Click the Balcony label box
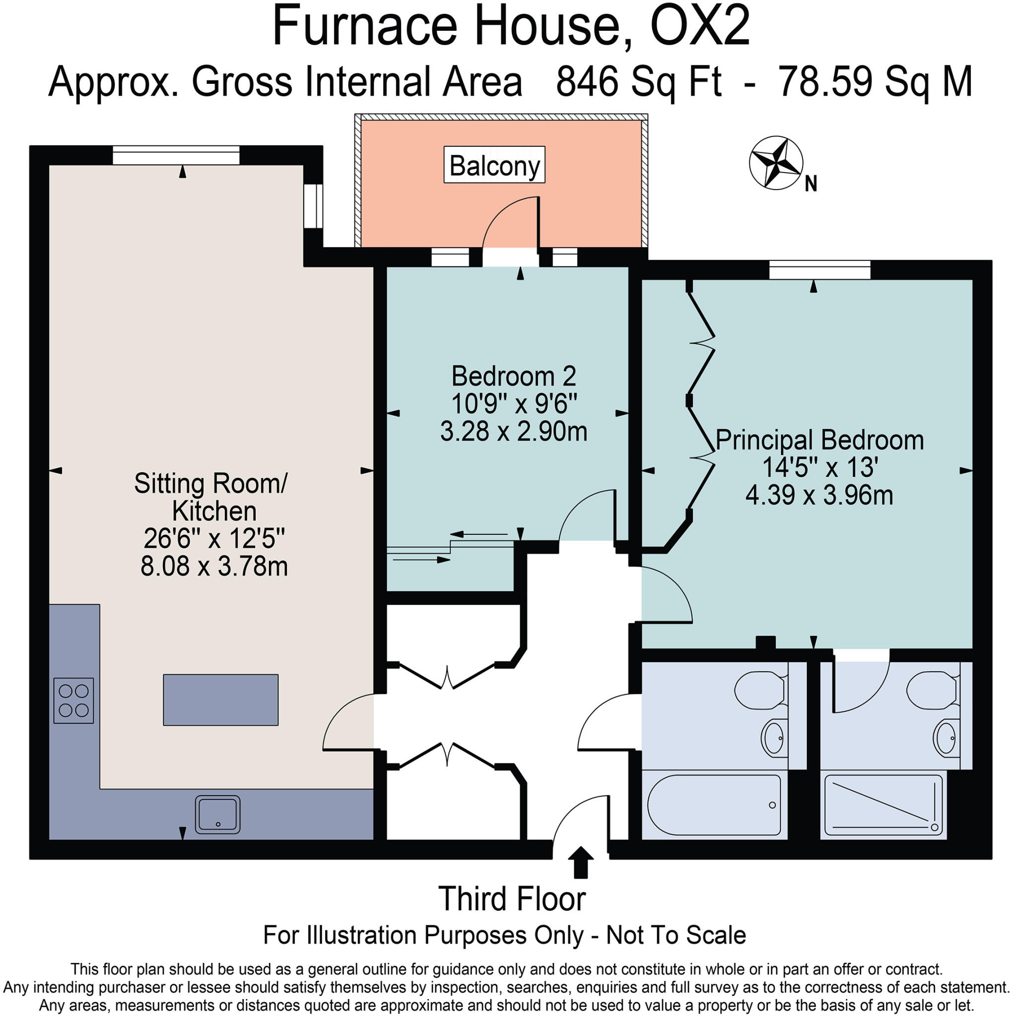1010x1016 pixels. click(x=494, y=165)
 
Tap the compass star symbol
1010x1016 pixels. click(x=775, y=163)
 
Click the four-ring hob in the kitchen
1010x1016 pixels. click(x=73, y=700)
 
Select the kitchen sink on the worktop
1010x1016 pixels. click(x=218, y=815)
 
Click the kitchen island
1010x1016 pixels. click(x=220, y=700)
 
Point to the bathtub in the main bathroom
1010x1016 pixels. click(x=714, y=805)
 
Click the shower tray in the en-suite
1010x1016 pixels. click(x=883, y=805)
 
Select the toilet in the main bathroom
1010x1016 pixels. click(x=758, y=692)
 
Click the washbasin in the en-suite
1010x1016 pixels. click(x=945, y=738)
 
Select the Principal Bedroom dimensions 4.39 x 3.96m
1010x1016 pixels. click(x=819, y=496)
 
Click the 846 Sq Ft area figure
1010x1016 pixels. click(x=638, y=81)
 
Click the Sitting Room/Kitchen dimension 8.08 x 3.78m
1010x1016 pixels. click(x=213, y=567)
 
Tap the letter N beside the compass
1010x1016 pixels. click(x=810, y=184)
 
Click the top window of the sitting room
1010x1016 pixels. click(x=176, y=155)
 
